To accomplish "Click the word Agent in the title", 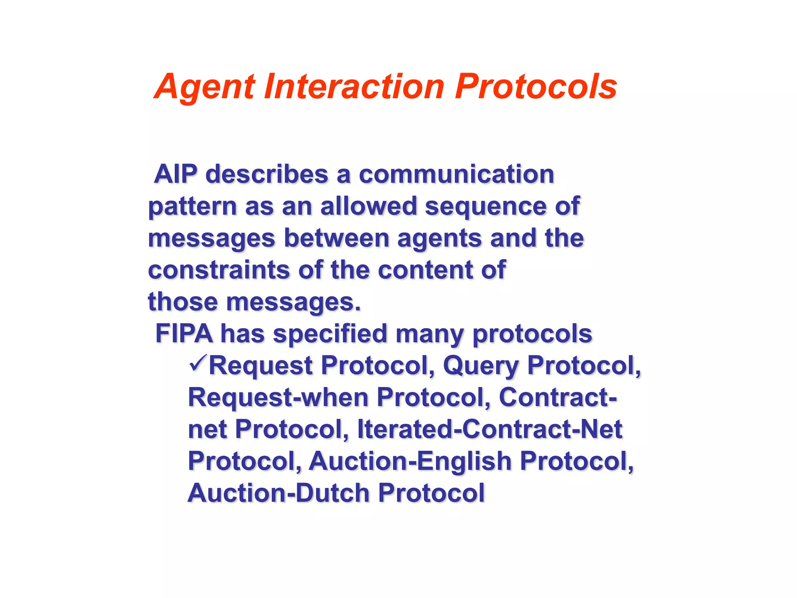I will click(x=205, y=87).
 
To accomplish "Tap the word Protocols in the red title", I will click(x=536, y=86).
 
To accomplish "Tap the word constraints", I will click(x=219, y=269).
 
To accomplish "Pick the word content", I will click(x=425, y=269).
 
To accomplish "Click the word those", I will click(x=183, y=301).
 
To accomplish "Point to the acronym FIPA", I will click(x=184, y=333).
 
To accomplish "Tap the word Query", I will click(x=481, y=366).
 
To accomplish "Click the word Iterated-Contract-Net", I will click(x=490, y=429).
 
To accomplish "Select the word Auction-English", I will click(x=410, y=461).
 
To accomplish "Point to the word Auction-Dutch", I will click(x=278, y=493).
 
